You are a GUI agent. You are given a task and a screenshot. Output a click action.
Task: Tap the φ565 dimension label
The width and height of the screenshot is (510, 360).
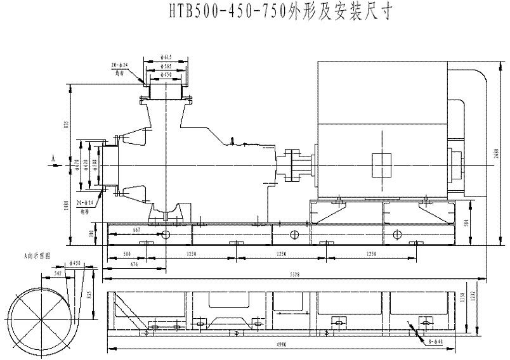166,67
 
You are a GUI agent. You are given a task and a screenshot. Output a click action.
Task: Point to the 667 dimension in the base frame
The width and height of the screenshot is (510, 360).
136,230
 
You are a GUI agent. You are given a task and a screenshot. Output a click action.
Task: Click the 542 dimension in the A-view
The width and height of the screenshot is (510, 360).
58,274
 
